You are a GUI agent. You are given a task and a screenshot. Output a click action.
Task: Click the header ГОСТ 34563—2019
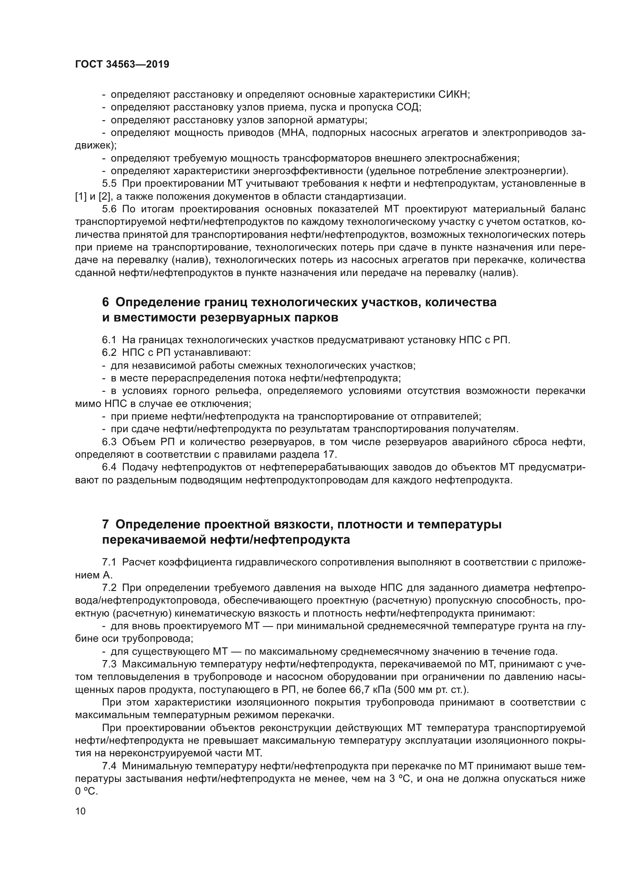click(x=122, y=65)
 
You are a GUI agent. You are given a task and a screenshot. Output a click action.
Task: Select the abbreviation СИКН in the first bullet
click(x=454, y=95)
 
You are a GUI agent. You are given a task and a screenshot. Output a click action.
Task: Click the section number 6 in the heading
click(x=106, y=302)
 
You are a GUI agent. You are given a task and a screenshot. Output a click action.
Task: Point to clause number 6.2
click(x=109, y=353)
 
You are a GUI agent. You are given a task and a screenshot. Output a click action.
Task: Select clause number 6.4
click(x=109, y=467)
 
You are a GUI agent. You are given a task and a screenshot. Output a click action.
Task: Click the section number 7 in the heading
click(x=106, y=525)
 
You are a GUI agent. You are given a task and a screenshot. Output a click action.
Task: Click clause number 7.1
click(x=109, y=562)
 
